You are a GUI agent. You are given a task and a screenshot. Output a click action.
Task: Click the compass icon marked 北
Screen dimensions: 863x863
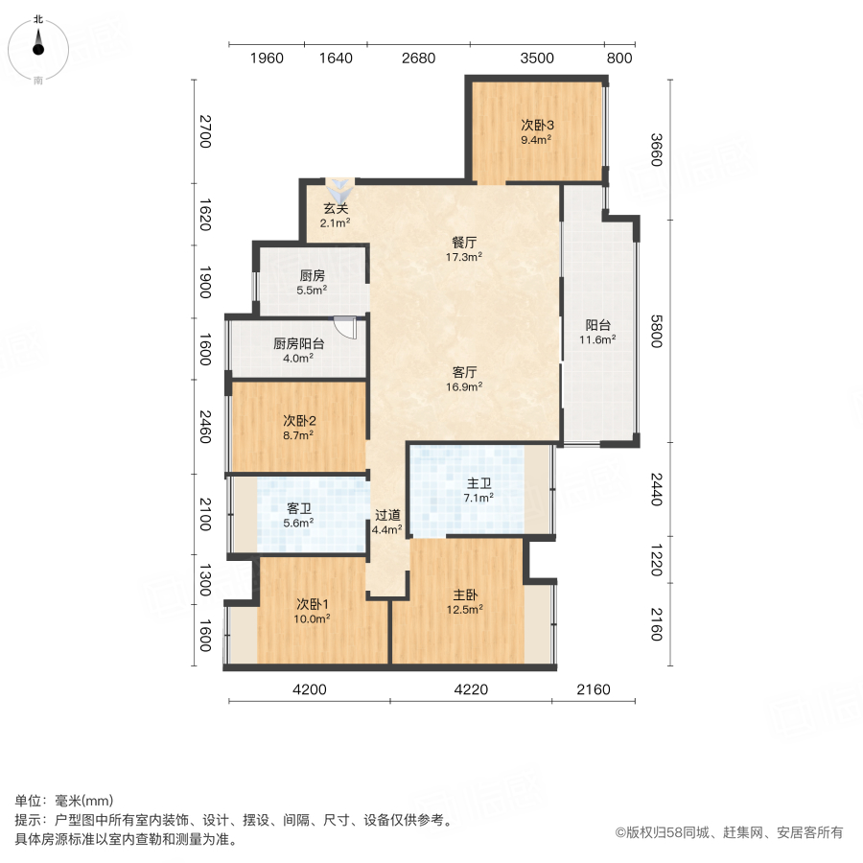pos(38,44)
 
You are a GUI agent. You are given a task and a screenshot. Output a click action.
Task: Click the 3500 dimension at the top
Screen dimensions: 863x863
pos(537,58)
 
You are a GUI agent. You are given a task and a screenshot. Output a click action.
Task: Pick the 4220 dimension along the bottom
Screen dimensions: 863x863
pos(471,689)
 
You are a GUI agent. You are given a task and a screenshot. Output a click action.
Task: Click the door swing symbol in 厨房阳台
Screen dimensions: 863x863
pos(345,327)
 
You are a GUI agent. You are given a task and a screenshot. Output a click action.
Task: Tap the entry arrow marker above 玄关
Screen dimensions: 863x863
pos(338,186)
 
